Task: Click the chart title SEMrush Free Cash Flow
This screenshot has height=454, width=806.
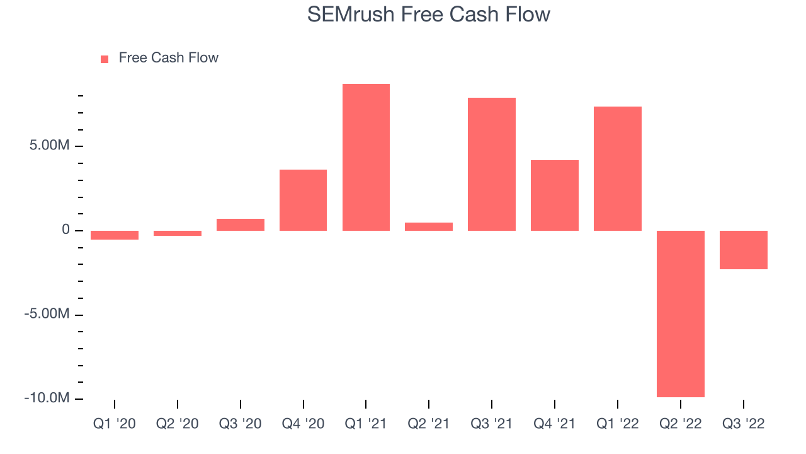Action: [429, 15]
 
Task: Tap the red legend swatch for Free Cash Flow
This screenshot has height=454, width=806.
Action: [105, 59]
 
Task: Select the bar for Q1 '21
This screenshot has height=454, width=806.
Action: [366, 157]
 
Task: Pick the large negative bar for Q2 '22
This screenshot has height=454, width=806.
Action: [681, 314]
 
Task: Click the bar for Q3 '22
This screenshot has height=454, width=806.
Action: [744, 250]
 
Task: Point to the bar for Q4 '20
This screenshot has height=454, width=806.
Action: [303, 200]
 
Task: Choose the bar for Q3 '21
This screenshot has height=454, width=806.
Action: [492, 165]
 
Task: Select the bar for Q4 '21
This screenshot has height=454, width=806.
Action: [555, 195]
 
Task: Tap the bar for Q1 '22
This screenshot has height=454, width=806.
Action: [618, 168]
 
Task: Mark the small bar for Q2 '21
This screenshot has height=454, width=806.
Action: [429, 226]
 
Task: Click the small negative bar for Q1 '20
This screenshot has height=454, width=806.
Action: [115, 235]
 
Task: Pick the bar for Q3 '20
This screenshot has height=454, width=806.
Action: [241, 225]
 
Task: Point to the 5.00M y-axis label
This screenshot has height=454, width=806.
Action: [49, 145]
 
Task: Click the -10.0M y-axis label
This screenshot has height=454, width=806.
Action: [47, 398]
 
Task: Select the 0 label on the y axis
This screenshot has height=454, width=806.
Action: [65, 230]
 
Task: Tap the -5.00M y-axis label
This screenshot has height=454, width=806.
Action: [47, 314]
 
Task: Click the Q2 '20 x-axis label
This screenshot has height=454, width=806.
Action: [178, 424]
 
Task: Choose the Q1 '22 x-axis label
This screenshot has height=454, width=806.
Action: [618, 424]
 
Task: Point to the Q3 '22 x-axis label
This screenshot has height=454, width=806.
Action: [744, 424]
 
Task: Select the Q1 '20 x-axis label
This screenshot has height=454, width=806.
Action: [115, 424]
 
